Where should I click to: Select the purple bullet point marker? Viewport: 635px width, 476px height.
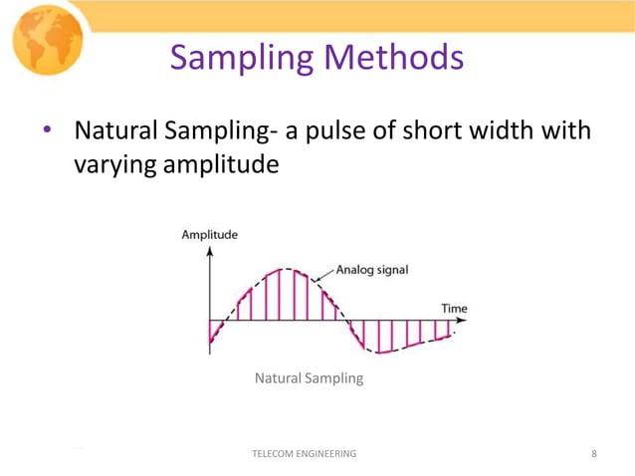(x=46, y=132)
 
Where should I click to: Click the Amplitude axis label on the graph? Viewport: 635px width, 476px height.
(x=209, y=235)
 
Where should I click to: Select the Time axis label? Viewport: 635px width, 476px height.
(x=454, y=309)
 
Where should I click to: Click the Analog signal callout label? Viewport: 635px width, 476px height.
(x=371, y=269)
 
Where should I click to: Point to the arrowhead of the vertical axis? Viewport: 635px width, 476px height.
(x=209, y=251)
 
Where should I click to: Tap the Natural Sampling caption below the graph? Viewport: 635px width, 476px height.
(x=309, y=378)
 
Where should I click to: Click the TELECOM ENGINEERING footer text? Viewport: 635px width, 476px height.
(x=305, y=454)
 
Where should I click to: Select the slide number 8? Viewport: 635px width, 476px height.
(x=594, y=454)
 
